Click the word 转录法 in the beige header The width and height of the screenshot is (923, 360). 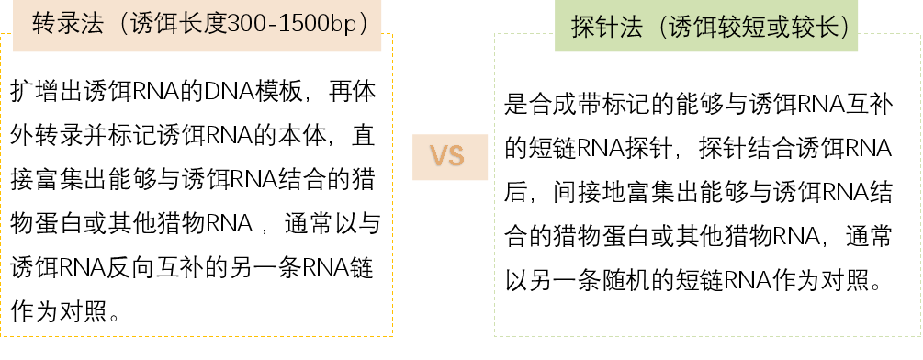(x=65, y=23)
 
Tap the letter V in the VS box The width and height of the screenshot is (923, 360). (x=439, y=157)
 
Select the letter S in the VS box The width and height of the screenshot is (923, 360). (x=456, y=157)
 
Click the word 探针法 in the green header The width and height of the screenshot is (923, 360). (x=606, y=28)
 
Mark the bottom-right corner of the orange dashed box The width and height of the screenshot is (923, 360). (x=392, y=335)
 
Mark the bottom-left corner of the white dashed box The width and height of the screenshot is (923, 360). (x=495, y=335)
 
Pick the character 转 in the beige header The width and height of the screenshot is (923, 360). (x=42, y=23)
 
